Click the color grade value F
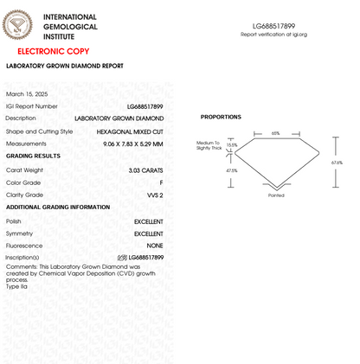pyautogui.click(x=161, y=183)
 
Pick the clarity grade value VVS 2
pyautogui.click(x=155, y=195)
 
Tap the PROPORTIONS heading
pyautogui.click(x=221, y=117)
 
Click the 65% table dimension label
pyautogui.click(x=275, y=133)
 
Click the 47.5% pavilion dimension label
pyautogui.click(x=231, y=170)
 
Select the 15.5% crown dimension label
pyautogui.click(x=231, y=144)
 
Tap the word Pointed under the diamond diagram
pyautogui.click(x=276, y=195)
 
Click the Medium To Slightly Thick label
pyautogui.click(x=209, y=145)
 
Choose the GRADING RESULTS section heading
pyautogui.click(x=33, y=156)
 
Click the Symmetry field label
pyautogui.click(x=20, y=233)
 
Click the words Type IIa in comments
pyautogui.click(x=16, y=285)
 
